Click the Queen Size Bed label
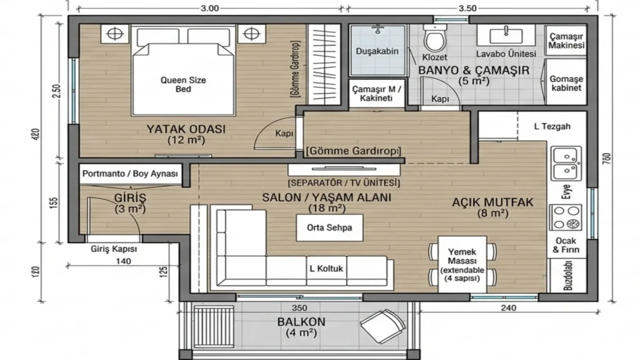183,84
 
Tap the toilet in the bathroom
435,38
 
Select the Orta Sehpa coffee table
329,227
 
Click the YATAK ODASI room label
186,129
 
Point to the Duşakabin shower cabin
377,50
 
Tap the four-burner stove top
566,217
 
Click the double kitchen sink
566,163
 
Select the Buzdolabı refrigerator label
568,276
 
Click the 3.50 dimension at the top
467,8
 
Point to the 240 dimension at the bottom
508,308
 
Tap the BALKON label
301,322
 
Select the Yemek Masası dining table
462,264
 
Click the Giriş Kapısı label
114,249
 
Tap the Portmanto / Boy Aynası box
130,174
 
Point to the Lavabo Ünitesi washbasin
506,36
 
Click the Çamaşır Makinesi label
566,41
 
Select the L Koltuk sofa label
326,269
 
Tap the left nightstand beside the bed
115,34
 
